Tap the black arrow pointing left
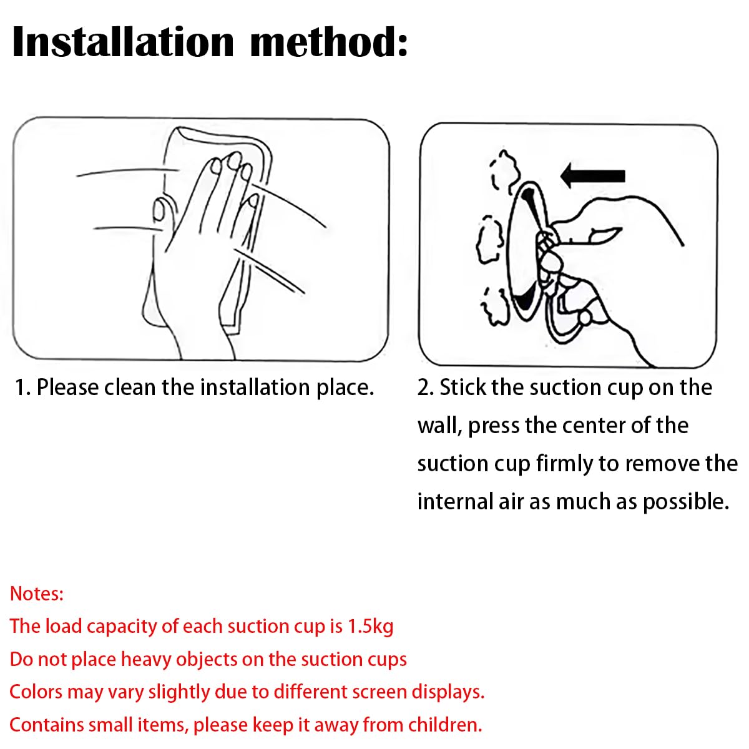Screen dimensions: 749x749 point(592,175)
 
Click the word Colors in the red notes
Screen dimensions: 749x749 point(36,692)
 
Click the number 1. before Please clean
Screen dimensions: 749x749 point(22,388)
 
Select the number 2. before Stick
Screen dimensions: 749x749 point(426,388)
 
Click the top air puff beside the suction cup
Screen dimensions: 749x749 point(504,170)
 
